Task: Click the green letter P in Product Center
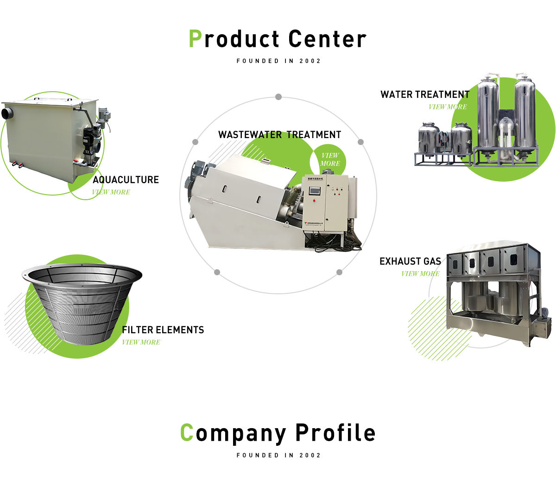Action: pos(195,39)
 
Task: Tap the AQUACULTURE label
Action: pos(126,180)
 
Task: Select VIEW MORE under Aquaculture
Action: pos(111,192)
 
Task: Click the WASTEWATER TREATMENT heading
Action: pos(279,135)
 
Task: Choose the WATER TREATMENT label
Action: pos(425,95)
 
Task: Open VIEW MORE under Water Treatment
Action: pos(448,107)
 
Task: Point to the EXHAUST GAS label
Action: pos(410,261)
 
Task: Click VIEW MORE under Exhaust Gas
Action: pos(420,273)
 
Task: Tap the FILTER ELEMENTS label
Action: pos(163,330)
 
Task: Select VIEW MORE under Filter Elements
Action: pos(141,342)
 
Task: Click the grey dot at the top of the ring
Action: pos(278,97)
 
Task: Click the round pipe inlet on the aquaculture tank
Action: pos(7,113)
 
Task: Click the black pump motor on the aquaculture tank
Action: pos(88,139)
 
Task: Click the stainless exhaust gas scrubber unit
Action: pos(493,292)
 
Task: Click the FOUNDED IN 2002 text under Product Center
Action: pos(278,61)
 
